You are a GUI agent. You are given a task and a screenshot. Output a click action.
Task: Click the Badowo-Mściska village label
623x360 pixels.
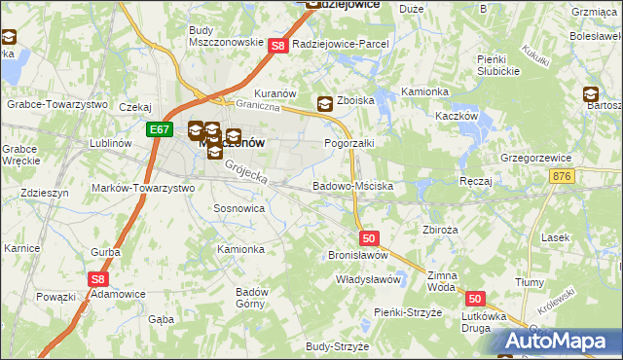coord(352,185)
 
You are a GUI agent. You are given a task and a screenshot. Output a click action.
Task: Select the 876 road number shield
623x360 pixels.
coord(561,175)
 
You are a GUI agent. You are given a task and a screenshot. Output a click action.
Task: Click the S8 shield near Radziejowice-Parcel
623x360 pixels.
coord(277,46)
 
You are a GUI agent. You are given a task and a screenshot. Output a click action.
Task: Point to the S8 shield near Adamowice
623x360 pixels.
coord(97,279)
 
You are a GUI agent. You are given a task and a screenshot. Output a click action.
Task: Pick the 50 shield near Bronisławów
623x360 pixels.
coord(368,237)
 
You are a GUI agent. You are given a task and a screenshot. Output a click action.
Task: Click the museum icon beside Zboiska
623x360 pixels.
coord(325,103)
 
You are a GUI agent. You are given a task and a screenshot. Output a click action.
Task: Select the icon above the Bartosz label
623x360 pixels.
coord(590,94)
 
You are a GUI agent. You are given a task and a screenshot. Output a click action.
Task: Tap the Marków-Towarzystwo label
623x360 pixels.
coord(142,187)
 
